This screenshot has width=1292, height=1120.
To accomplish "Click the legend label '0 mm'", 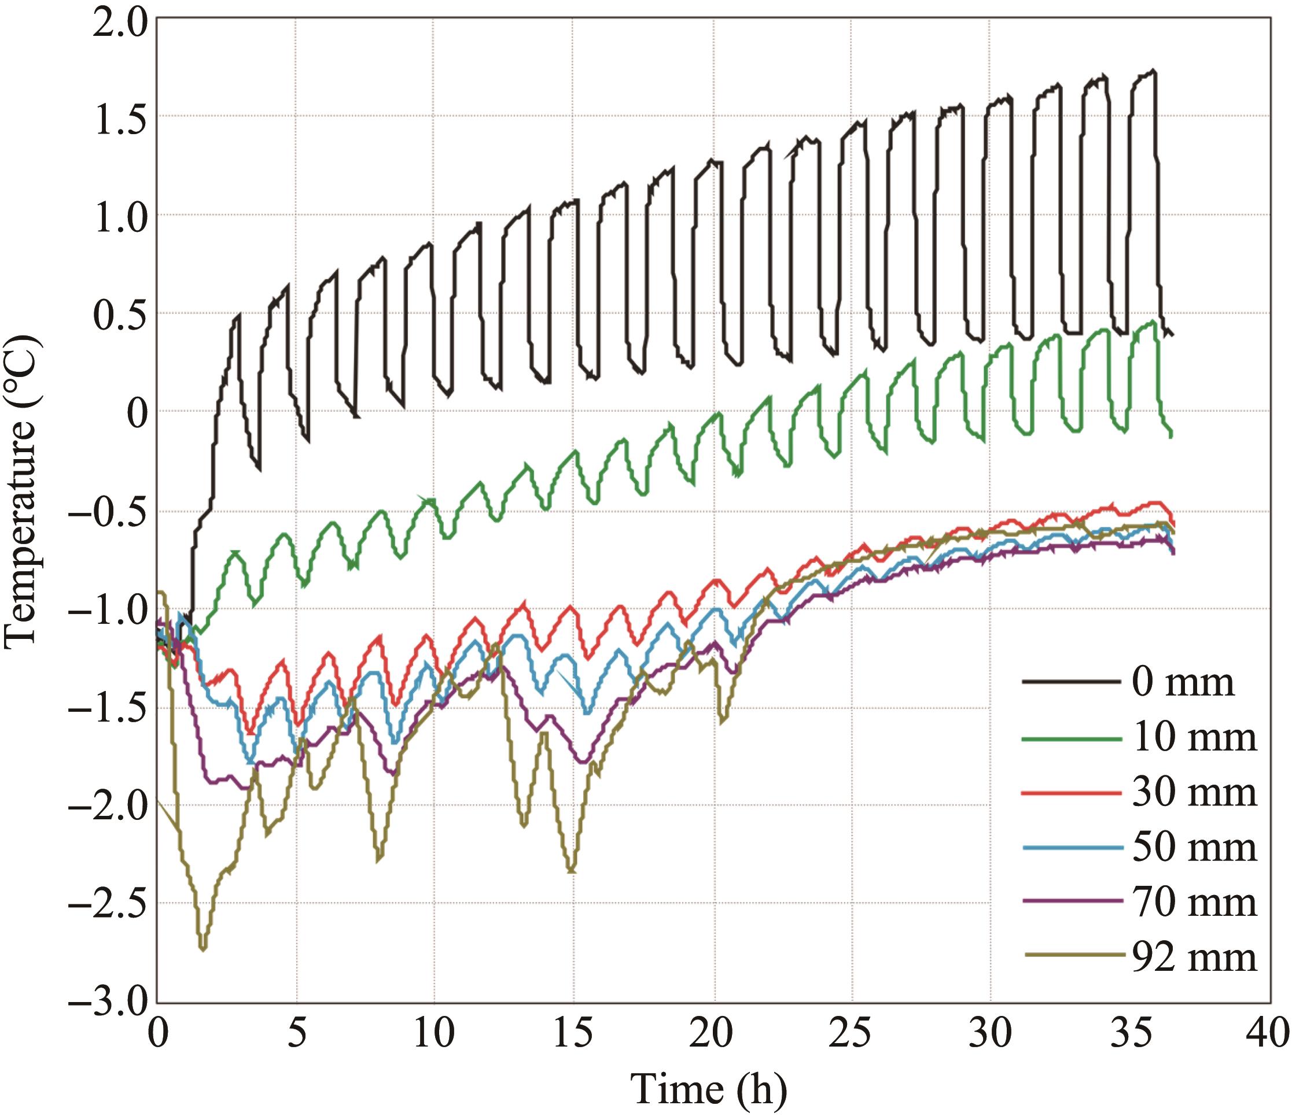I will coord(1183,682).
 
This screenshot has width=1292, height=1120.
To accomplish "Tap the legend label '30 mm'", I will coord(1194,793).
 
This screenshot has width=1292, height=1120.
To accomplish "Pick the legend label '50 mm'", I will coord(1194,848).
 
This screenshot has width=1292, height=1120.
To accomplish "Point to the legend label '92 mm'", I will coord(1194,957).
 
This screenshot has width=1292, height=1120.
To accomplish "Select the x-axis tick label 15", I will coord(573,1034).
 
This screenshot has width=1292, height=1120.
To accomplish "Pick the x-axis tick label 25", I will coord(852,1034).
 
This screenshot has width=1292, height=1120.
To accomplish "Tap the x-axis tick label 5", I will coord(296,1034).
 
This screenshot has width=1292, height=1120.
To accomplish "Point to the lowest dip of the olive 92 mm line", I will coord(203,949).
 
